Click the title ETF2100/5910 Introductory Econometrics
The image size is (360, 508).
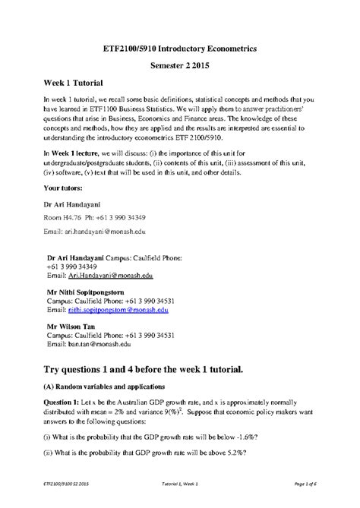[x=179, y=48]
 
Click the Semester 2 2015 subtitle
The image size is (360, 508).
[x=179, y=65]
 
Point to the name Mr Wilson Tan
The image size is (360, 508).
[x=74, y=324]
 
